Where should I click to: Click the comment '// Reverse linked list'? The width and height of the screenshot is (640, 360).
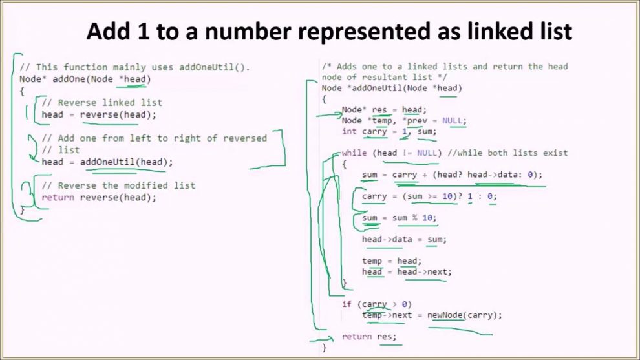(x=101, y=103)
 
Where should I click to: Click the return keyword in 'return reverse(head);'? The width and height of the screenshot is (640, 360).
(x=58, y=198)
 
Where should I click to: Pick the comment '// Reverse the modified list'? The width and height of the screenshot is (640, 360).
(x=118, y=185)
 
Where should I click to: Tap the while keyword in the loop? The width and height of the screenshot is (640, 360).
(x=354, y=153)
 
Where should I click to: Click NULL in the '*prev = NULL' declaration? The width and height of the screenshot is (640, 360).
(x=453, y=121)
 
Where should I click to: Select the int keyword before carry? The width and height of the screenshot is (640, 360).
(x=349, y=131)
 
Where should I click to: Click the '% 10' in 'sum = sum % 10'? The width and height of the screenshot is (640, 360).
(x=422, y=218)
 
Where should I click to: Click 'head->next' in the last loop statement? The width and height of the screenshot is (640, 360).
(x=422, y=272)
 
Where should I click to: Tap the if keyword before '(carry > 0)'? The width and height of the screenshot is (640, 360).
(x=347, y=304)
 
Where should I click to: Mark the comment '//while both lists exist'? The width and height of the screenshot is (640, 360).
(x=507, y=153)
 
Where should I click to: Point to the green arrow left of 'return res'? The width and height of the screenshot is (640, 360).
(x=322, y=338)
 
